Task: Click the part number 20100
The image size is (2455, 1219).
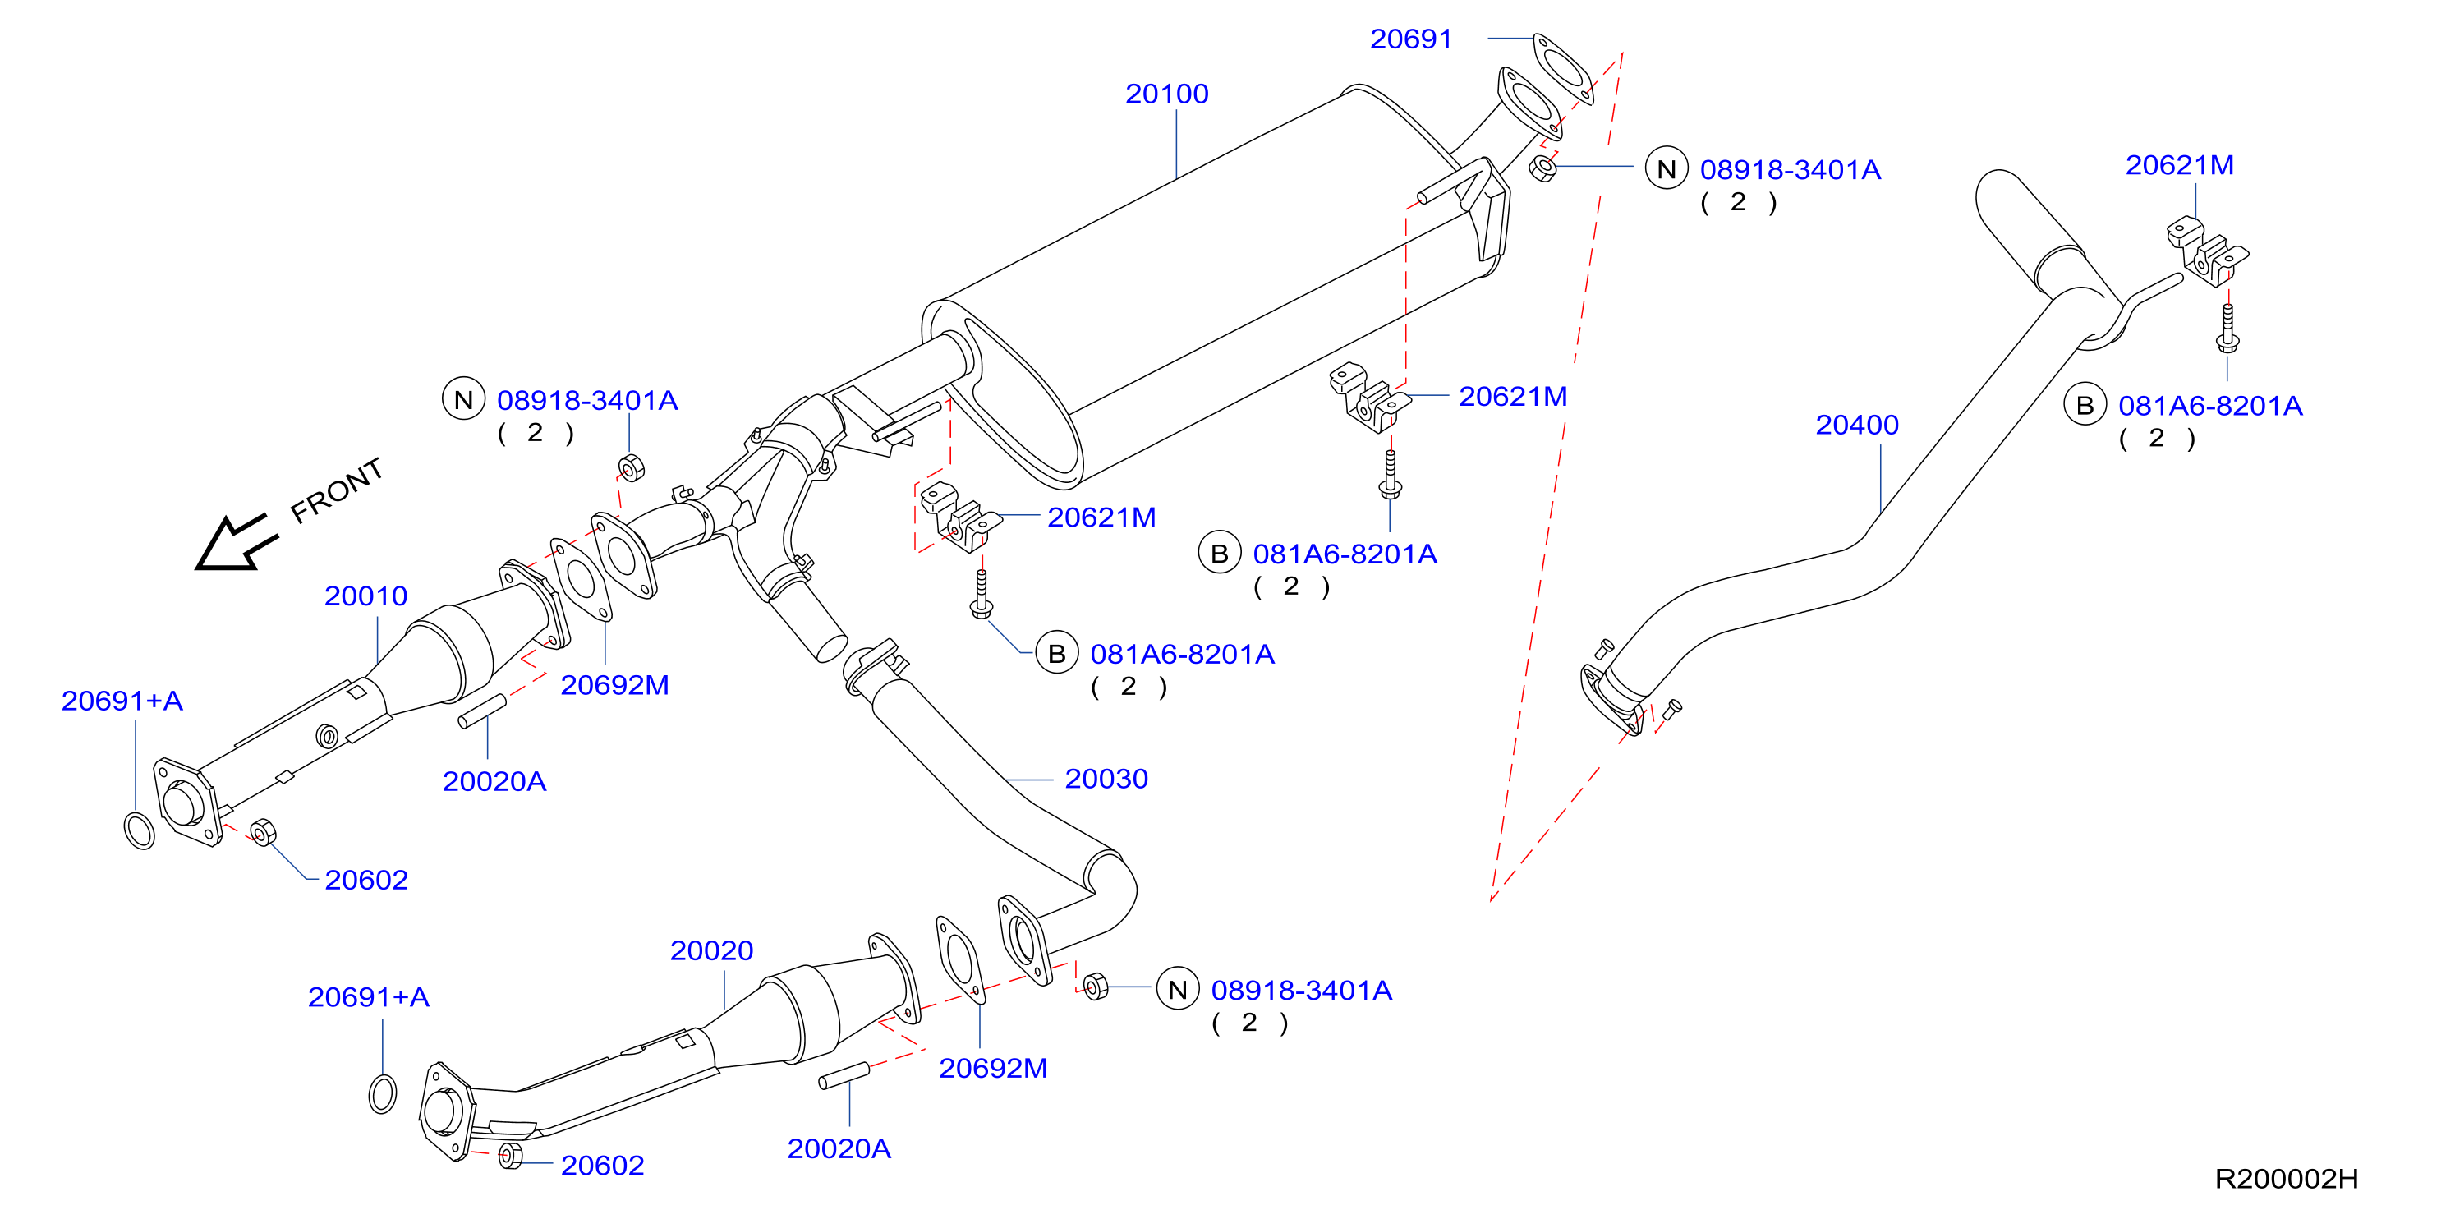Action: pos(1166,94)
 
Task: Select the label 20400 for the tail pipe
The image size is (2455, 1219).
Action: pos(1856,424)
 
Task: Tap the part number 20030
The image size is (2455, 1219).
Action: pos(1106,779)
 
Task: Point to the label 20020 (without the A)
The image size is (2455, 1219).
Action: pos(711,950)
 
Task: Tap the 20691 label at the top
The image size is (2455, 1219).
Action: pos(1410,39)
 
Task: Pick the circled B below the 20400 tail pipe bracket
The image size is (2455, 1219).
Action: pos(2085,405)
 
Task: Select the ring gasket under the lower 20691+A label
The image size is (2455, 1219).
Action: pos(382,1093)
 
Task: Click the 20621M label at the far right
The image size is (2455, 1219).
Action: pos(2180,165)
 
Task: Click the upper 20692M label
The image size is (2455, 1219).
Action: pos(614,685)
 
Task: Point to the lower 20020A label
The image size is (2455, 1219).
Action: pos(839,1148)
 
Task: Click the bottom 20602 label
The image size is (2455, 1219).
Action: pos(602,1165)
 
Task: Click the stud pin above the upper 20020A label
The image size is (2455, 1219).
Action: pos(482,711)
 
